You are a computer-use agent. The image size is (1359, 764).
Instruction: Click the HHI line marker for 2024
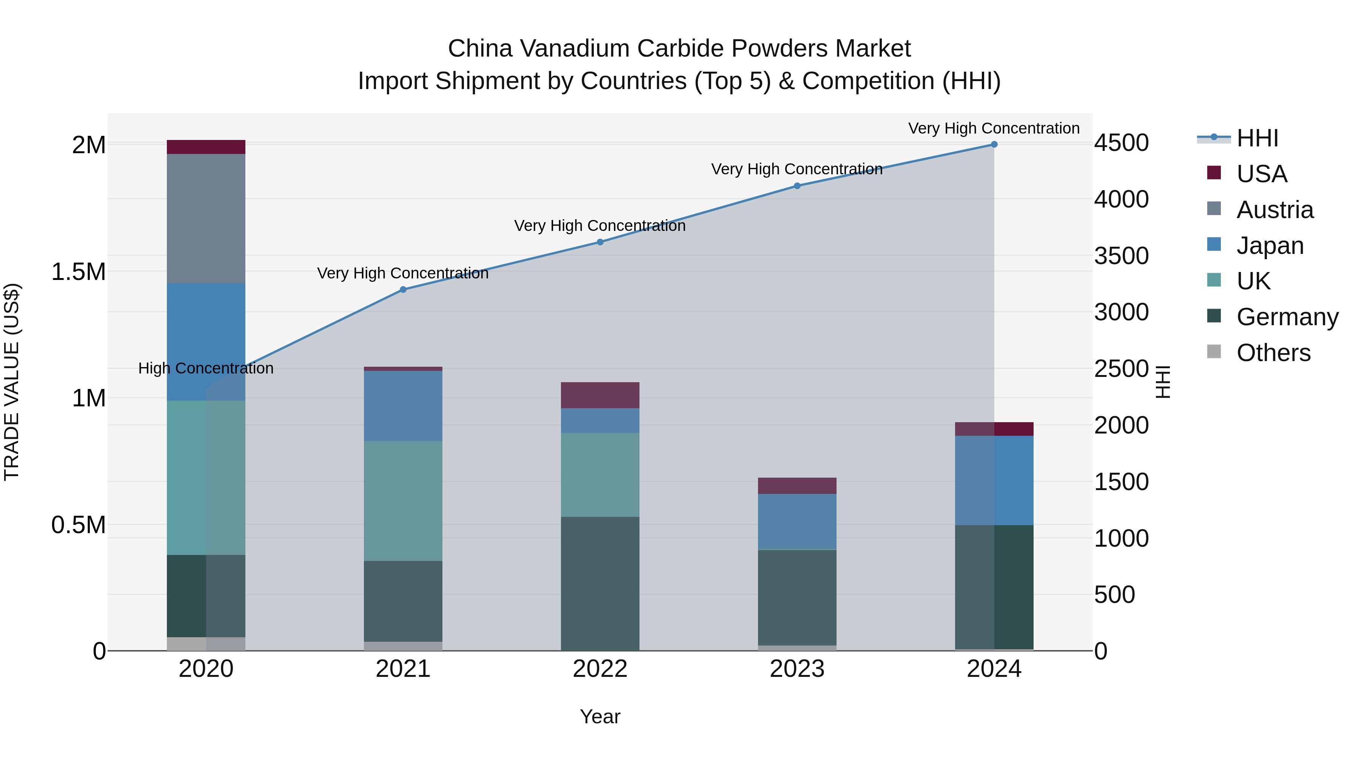pyautogui.click(x=994, y=144)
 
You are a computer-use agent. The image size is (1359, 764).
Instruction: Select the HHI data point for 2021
pyautogui.click(x=403, y=289)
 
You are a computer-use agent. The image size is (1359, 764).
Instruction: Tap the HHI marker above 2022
pyautogui.click(x=600, y=242)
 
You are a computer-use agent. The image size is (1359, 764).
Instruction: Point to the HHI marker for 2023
pyautogui.click(x=797, y=186)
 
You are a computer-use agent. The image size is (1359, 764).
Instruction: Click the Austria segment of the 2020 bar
pyautogui.click(x=206, y=218)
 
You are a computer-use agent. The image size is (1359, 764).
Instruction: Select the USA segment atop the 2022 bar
pyautogui.click(x=600, y=395)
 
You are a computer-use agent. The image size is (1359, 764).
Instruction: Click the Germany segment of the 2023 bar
pyautogui.click(x=797, y=597)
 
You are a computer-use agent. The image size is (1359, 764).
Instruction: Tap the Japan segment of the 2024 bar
pyautogui.click(x=994, y=480)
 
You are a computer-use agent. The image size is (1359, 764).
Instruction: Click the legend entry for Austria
pyautogui.click(x=1274, y=210)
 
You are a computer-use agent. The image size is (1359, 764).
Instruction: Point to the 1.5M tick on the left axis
pyautogui.click(x=79, y=272)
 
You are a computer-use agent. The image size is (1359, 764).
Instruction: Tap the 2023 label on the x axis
pyautogui.click(x=797, y=669)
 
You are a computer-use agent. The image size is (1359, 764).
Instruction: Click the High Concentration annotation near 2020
pyautogui.click(x=206, y=368)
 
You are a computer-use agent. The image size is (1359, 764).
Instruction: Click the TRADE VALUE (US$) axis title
pyautogui.click(x=12, y=382)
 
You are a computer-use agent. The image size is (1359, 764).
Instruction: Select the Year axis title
pyautogui.click(x=600, y=716)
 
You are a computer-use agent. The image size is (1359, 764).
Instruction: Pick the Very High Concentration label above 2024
pyautogui.click(x=994, y=128)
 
